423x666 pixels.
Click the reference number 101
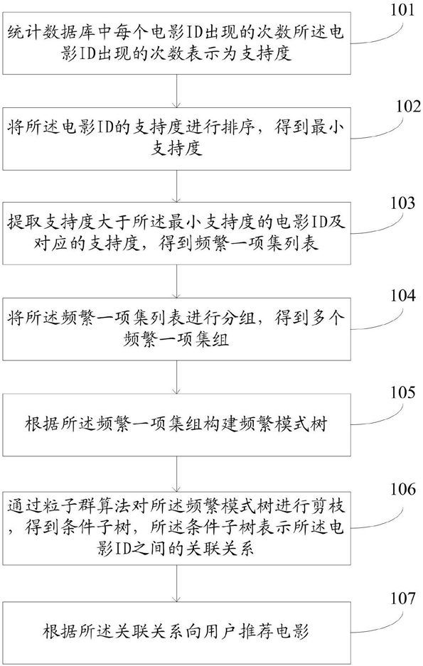[x=402, y=9]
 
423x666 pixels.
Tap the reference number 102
[x=402, y=106]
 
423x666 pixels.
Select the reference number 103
[x=402, y=203]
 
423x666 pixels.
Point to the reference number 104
[x=402, y=296]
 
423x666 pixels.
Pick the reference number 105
[x=402, y=392]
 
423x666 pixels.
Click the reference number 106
[x=402, y=489]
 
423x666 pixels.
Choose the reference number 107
[x=402, y=598]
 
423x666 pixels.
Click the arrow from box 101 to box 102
[x=177, y=90]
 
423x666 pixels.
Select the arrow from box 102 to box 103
[x=177, y=186]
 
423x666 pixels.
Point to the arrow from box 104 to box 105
[x=177, y=377]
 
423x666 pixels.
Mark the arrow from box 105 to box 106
[x=177, y=473]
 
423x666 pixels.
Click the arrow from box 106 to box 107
[x=177, y=583]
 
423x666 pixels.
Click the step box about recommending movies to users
[x=177, y=633]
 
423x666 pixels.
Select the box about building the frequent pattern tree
[x=177, y=425]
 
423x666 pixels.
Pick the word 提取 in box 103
[x=25, y=223]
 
